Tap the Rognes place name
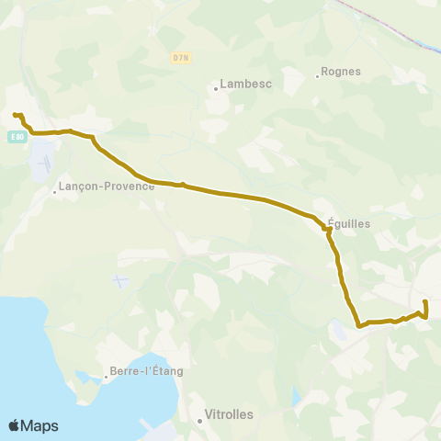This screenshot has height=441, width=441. pos(341,72)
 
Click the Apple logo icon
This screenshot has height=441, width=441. pos(14,426)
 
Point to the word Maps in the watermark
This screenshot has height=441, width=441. pos(40,426)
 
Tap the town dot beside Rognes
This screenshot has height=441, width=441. pos(317,75)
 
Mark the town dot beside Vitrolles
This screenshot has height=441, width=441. pos(199,421)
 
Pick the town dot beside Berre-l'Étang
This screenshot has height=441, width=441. pos(106,378)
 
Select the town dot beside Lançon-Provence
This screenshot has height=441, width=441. pos(54,192)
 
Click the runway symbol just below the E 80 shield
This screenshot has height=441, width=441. pos(42,162)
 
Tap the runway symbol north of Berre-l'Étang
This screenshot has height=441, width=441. pos(117,279)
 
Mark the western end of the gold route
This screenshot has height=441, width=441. pos(15,114)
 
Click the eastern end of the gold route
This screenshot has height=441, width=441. pos(425,301)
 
